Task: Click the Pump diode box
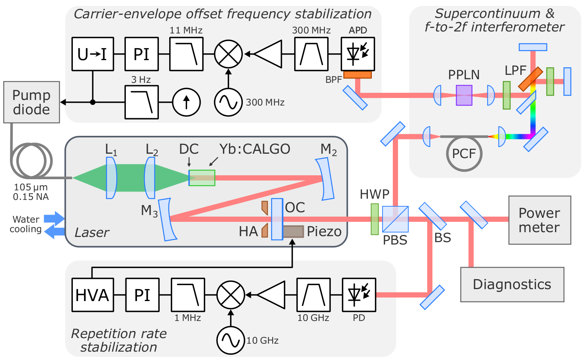[x=32, y=102]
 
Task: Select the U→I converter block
[x=93, y=54]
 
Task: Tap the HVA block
[x=93, y=295]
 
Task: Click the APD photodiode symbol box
[x=358, y=54]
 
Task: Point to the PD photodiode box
[x=359, y=295]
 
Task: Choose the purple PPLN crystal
[x=464, y=96]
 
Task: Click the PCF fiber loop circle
[x=464, y=154]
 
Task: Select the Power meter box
[x=539, y=220]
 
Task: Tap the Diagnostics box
[x=512, y=284]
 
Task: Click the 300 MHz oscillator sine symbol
[x=229, y=102]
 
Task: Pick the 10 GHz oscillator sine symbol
[x=230, y=340]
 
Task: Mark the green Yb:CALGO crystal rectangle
[x=202, y=178]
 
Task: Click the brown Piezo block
[x=293, y=231]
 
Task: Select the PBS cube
[x=395, y=219]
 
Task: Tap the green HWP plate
[x=375, y=219]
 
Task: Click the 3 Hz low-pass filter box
[x=142, y=102]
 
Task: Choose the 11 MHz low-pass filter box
[x=186, y=54]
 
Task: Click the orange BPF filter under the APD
[x=357, y=75]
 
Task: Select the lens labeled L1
[x=111, y=178]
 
